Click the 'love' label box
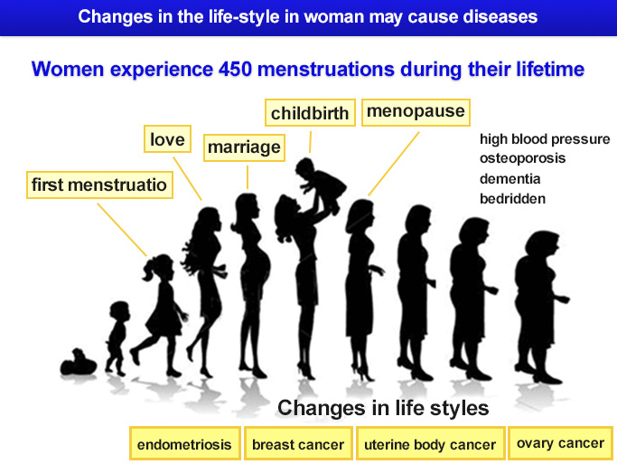click(x=167, y=138)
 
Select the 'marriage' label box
click(x=244, y=147)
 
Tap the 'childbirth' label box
click(x=310, y=113)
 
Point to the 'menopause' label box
click(x=416, y=112)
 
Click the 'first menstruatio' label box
click(x=99, y=185)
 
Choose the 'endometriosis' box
click(x=184, y=443)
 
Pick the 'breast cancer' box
click(x=298, y=443)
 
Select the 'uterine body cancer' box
click(x=430, y=443)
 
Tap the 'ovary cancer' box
click(x=560, y=443)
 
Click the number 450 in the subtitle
click(x=235, y=70)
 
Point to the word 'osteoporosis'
click(x=522, y=159)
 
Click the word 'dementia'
click(x=510, y=179)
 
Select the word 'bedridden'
click(x=513, y=198)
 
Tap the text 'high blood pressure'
click(x=545, y=139)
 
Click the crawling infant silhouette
click(x=79, y=363)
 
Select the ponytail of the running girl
click(x=150, y=270)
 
